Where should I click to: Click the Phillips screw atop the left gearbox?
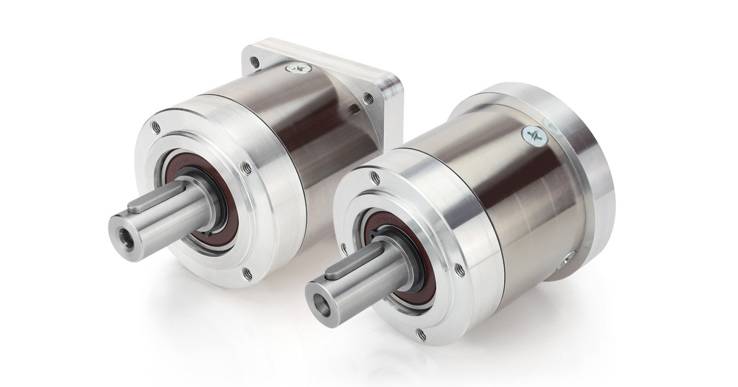(x=300, y=69)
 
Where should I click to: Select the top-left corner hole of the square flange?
(x=254, y=61)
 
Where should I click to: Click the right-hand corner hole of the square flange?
(x=368, y=97)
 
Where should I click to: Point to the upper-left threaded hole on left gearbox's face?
(x=156, y=126)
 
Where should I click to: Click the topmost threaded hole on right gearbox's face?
(x=375, y=178)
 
